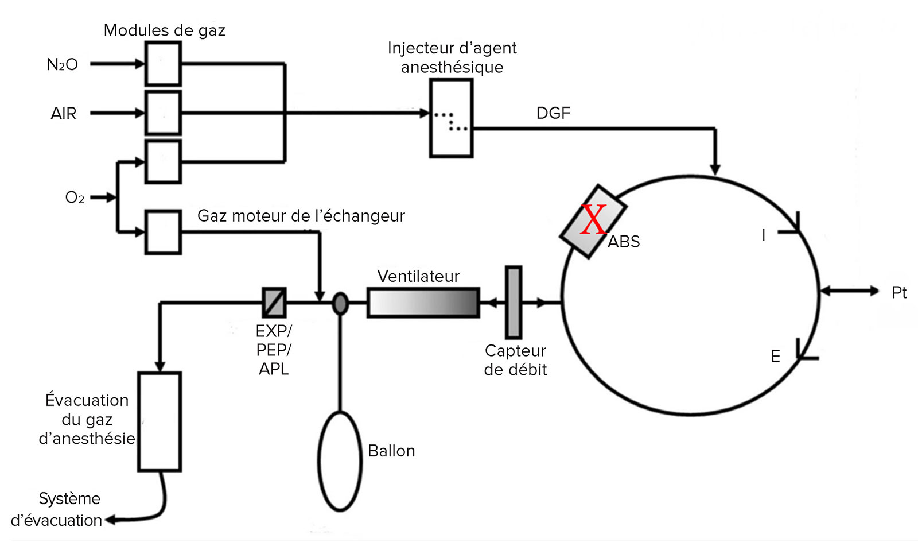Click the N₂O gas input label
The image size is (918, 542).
(x=63, y=64)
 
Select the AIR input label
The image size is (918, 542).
(x=64, y=113)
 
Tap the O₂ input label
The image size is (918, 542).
(x=75, y=198)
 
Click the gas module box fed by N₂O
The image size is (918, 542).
(x=163, y=64)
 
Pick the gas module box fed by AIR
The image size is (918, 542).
(x=163, y=113)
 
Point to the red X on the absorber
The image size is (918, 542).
(x=593, y=219)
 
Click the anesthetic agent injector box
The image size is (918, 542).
(x=451, y=118)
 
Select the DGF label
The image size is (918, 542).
(x=553, y=113)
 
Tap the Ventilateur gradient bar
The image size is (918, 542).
(x=423, y=303)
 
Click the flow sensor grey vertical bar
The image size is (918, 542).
(x=514, y=303)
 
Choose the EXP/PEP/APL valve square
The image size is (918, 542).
(x=274, y=303)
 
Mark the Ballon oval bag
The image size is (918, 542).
(x=340, y=461)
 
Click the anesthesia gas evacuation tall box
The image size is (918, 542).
(x=160, y=421)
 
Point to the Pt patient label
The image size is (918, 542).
(x=899, y=292)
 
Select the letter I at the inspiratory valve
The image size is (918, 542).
(x=764, y=235)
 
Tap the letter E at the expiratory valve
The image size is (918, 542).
(x=775, y=357)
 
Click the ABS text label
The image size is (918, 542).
(x=623, y=242)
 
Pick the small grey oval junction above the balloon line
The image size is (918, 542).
(x=340, y=303)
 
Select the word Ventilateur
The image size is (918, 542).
(x=418, y=276)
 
